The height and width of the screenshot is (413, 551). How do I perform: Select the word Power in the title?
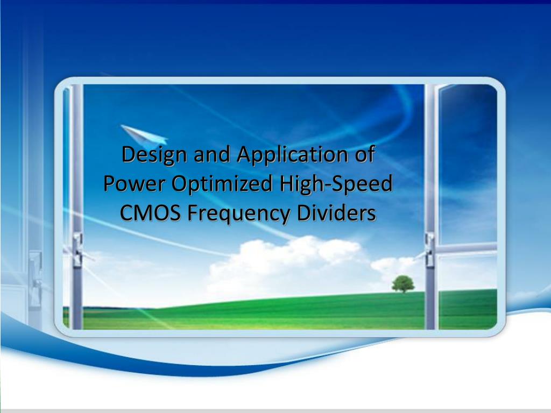(135, 184)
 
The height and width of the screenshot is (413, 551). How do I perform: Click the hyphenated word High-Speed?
(336, 184)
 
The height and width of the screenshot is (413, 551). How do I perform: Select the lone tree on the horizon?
(402, 283)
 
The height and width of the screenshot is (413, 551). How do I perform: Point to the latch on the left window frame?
(78, 249)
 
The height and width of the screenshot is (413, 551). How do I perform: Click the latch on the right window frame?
(429, 248)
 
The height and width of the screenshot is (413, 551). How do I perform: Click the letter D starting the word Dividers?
(308, 213)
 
